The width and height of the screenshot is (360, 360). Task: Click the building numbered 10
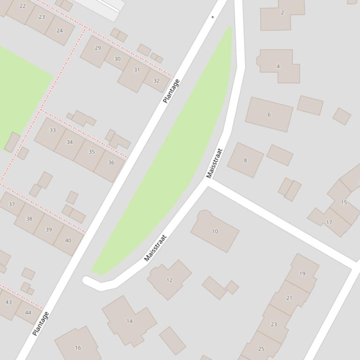point(215,231)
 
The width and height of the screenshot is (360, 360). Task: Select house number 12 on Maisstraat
point(169,280)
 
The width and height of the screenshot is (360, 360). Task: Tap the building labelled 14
point(129,321)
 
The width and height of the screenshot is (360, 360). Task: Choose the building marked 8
point(245,160)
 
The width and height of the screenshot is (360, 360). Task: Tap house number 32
point(156,80)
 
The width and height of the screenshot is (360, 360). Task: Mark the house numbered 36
point(111,163)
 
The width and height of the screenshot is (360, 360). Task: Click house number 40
point(68,240)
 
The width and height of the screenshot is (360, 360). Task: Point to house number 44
point(28,312)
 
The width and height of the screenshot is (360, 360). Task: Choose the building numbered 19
point(302,274)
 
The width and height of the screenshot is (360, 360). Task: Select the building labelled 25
point(261,348)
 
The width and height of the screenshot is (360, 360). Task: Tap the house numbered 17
point(329,222)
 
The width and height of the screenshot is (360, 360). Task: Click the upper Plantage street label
point(171,91)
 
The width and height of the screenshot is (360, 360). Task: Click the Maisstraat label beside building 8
point(214,163)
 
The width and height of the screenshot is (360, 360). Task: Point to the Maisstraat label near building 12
point(155,248)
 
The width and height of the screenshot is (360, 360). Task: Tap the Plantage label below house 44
point(41,324)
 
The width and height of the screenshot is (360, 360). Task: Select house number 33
point(52,130)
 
